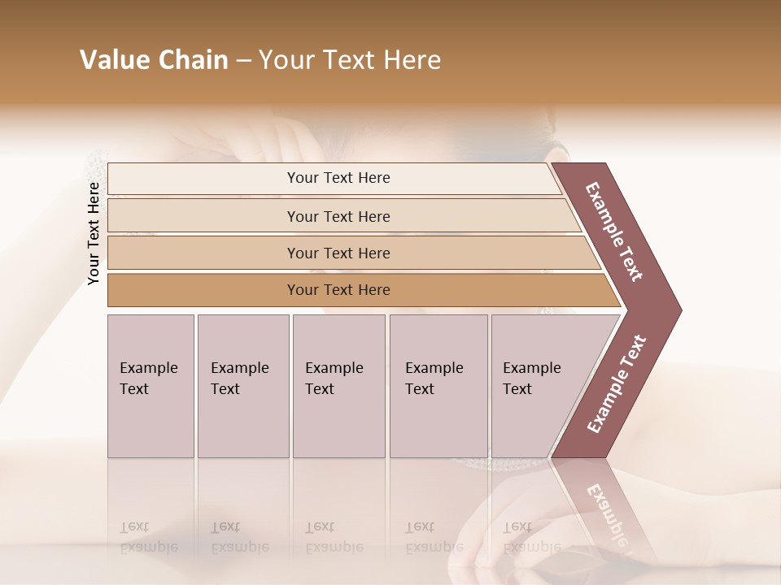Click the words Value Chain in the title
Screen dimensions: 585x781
(x=154, y=60)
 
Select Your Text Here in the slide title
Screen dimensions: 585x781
(x=350, y=60)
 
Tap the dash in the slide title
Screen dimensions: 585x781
(x=243, y=61)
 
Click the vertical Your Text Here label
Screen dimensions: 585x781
(x=94, y=233)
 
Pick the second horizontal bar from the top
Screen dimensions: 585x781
(x=338, y=216)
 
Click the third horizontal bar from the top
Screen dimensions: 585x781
(x=338, y=253)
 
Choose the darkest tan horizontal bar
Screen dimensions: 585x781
(x=338, y=290)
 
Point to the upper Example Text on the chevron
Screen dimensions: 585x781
(x=614, y=232)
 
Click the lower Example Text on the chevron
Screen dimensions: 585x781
(x=617, y=383)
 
